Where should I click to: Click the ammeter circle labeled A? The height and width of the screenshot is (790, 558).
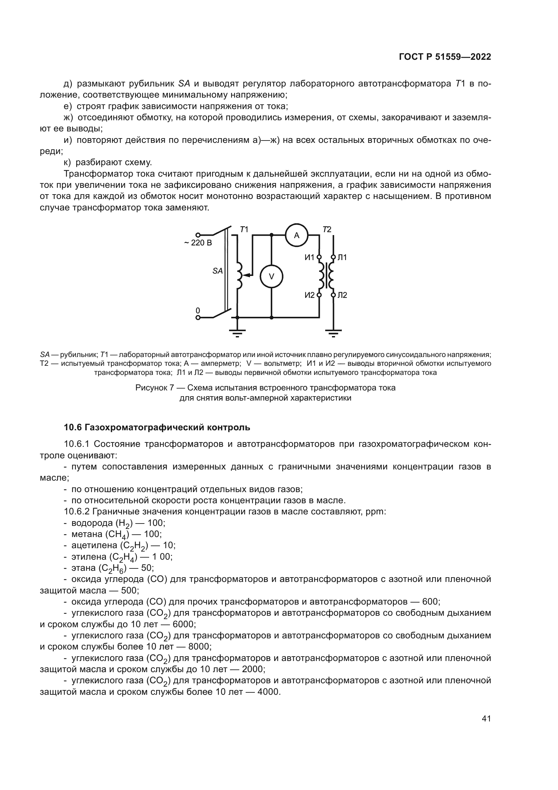click(x=297, y=235)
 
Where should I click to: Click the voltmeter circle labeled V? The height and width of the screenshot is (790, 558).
click(x=272, y=276)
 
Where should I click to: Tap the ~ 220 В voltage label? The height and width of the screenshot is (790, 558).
click(x=198, y=243)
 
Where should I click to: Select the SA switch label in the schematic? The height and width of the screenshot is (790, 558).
click(x=218, y=271)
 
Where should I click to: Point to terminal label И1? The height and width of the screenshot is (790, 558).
click(x=309, y=257)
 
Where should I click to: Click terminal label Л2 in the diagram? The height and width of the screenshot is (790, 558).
click(x=342, y=295)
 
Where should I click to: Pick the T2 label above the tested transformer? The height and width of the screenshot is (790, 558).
click(x=327, y=229)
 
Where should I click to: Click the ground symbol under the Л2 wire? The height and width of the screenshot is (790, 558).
click(x=333, y=333)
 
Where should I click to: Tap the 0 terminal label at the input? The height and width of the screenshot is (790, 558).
click(x=198, y=310)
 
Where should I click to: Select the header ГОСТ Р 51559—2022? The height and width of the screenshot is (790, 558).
click(x=445, y=57)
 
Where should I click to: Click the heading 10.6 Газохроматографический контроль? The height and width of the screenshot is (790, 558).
click(x=157, y=427)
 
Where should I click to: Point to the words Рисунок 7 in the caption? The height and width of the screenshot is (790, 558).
click(x=154, y=388)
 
